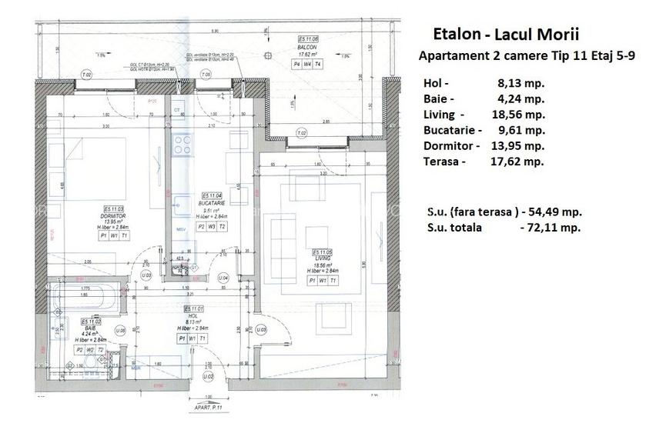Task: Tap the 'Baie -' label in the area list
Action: (439, 98)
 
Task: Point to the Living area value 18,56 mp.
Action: (520, 115)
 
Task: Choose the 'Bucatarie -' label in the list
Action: (452, 130)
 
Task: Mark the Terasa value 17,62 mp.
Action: (517, 162)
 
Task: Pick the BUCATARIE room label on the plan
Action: (211, 204)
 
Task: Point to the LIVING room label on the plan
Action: (322, 259)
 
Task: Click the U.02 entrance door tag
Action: (207, 377)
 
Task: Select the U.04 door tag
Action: (224, 277)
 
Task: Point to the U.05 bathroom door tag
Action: (120, 330)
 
